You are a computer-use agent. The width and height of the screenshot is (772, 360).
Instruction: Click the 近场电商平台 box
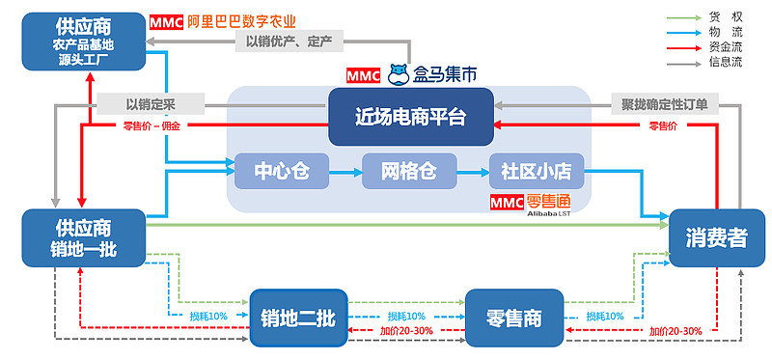(x=410, y=117)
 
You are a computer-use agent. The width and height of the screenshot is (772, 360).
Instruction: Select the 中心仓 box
(x=281, y=172)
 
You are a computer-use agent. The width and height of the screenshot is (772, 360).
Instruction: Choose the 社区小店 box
(x=536, y=172)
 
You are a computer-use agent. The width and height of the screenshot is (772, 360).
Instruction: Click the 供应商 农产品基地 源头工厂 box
(x=82, y=42)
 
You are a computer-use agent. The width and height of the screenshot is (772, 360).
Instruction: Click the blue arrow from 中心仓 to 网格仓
(x=345, y=172)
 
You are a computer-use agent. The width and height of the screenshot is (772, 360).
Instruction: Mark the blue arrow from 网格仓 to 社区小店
(x=472, y=172)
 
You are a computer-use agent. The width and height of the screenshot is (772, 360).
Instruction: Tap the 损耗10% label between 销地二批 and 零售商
(x=406, y=317)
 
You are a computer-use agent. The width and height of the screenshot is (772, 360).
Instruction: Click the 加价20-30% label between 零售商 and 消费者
(x=675, y=331)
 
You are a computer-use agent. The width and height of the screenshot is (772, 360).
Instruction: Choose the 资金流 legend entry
(x=725, y=47)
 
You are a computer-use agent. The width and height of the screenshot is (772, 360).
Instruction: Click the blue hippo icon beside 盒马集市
(x=399, y=74)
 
